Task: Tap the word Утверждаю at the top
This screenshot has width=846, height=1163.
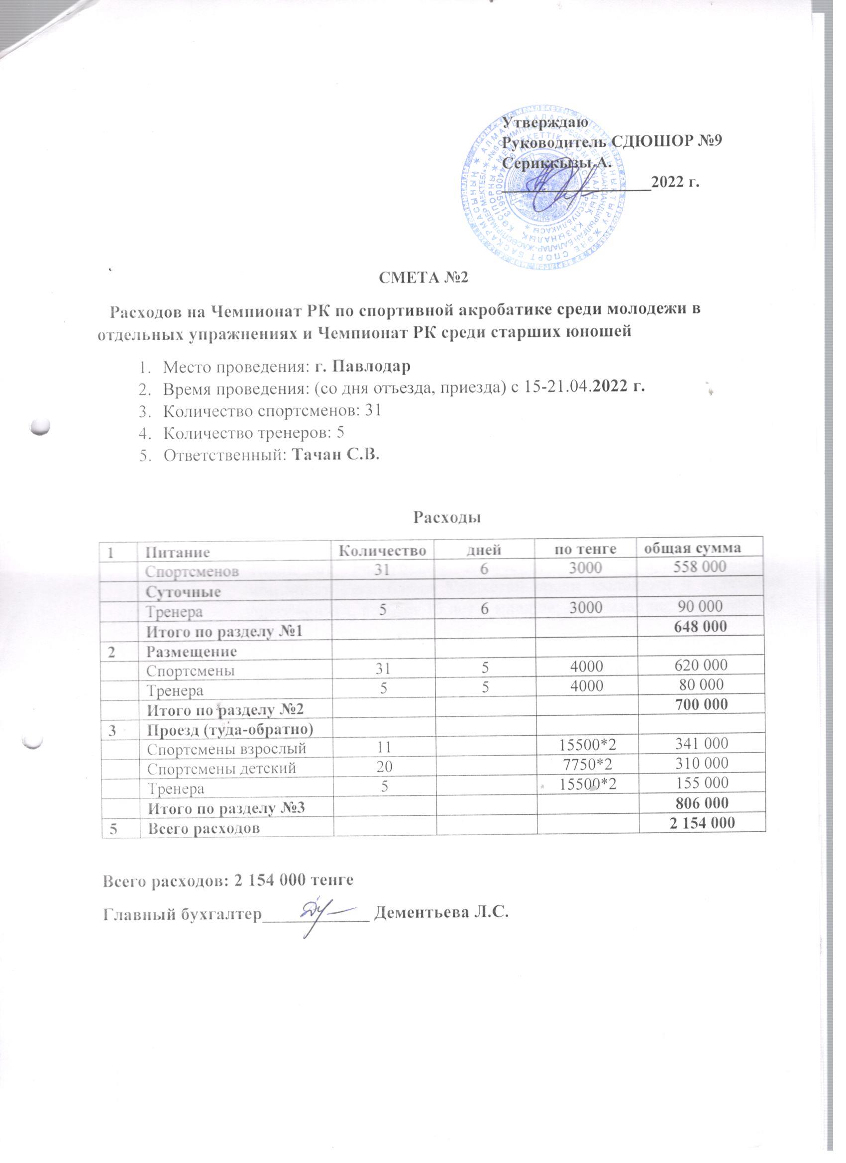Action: click(x=540, y=122)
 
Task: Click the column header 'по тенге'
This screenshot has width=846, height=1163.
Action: click(x=586, y=549)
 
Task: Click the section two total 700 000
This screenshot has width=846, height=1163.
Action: click(x=701, y=704)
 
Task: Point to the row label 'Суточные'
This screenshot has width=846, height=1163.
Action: click(x=184, y=592)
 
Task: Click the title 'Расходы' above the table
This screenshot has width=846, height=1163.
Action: click(x=446, y=517)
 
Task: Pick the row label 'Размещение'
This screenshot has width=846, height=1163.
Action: click(x=192, y=651)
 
